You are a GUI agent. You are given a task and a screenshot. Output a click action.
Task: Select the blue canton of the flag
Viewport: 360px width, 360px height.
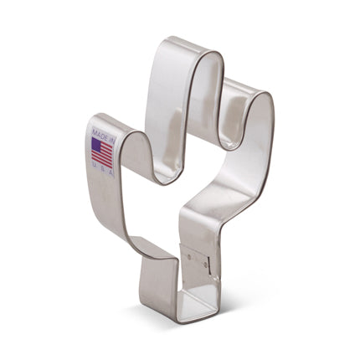point(95,146)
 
